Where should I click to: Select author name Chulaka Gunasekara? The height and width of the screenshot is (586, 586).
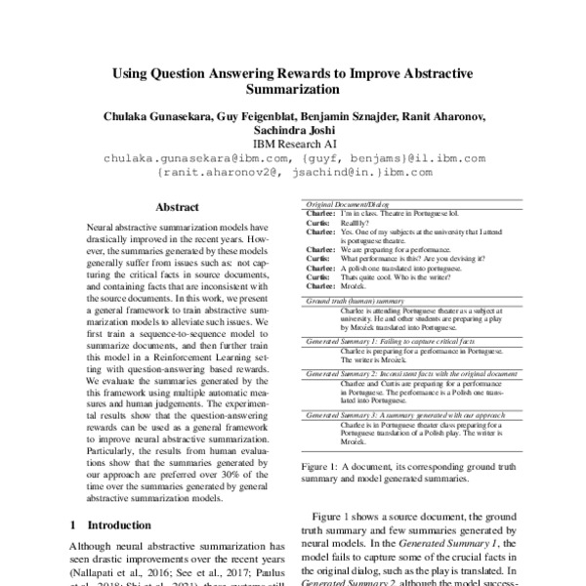(x=166, y=117)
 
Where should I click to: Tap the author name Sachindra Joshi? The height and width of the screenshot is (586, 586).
(x=293, y=131)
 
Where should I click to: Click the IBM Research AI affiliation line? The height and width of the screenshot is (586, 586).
(x=293, y=145)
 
